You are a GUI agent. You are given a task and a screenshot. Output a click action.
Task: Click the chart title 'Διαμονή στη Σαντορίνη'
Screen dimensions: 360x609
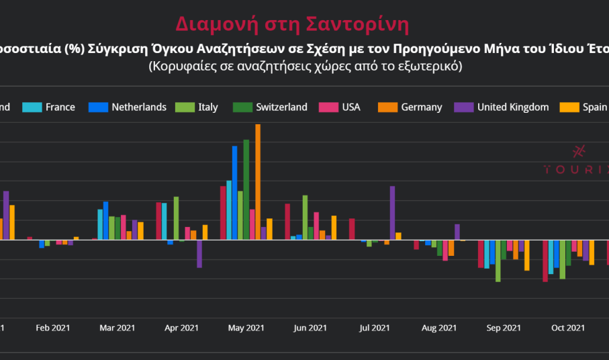[x=292, y=24]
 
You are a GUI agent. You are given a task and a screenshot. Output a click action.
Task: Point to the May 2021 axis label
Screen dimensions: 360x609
[x=246, y=328]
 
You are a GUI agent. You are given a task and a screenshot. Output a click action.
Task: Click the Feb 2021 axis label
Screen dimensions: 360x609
[x=52, y=328]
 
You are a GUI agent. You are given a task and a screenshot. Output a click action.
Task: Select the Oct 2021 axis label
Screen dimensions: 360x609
[x=567, y=328]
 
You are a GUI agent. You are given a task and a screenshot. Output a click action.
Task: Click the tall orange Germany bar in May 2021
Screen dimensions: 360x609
[x=258, y=181]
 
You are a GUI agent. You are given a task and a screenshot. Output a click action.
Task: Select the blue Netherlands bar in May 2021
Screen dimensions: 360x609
[x=234, y=192]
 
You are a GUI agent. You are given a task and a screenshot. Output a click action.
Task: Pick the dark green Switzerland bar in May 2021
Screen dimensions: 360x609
[x=246, y=189]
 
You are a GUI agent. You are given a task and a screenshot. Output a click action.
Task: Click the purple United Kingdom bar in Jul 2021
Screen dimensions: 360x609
[x=392, y=212]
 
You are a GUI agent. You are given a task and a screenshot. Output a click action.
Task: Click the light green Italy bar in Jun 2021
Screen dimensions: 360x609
[x=305, y=217]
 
